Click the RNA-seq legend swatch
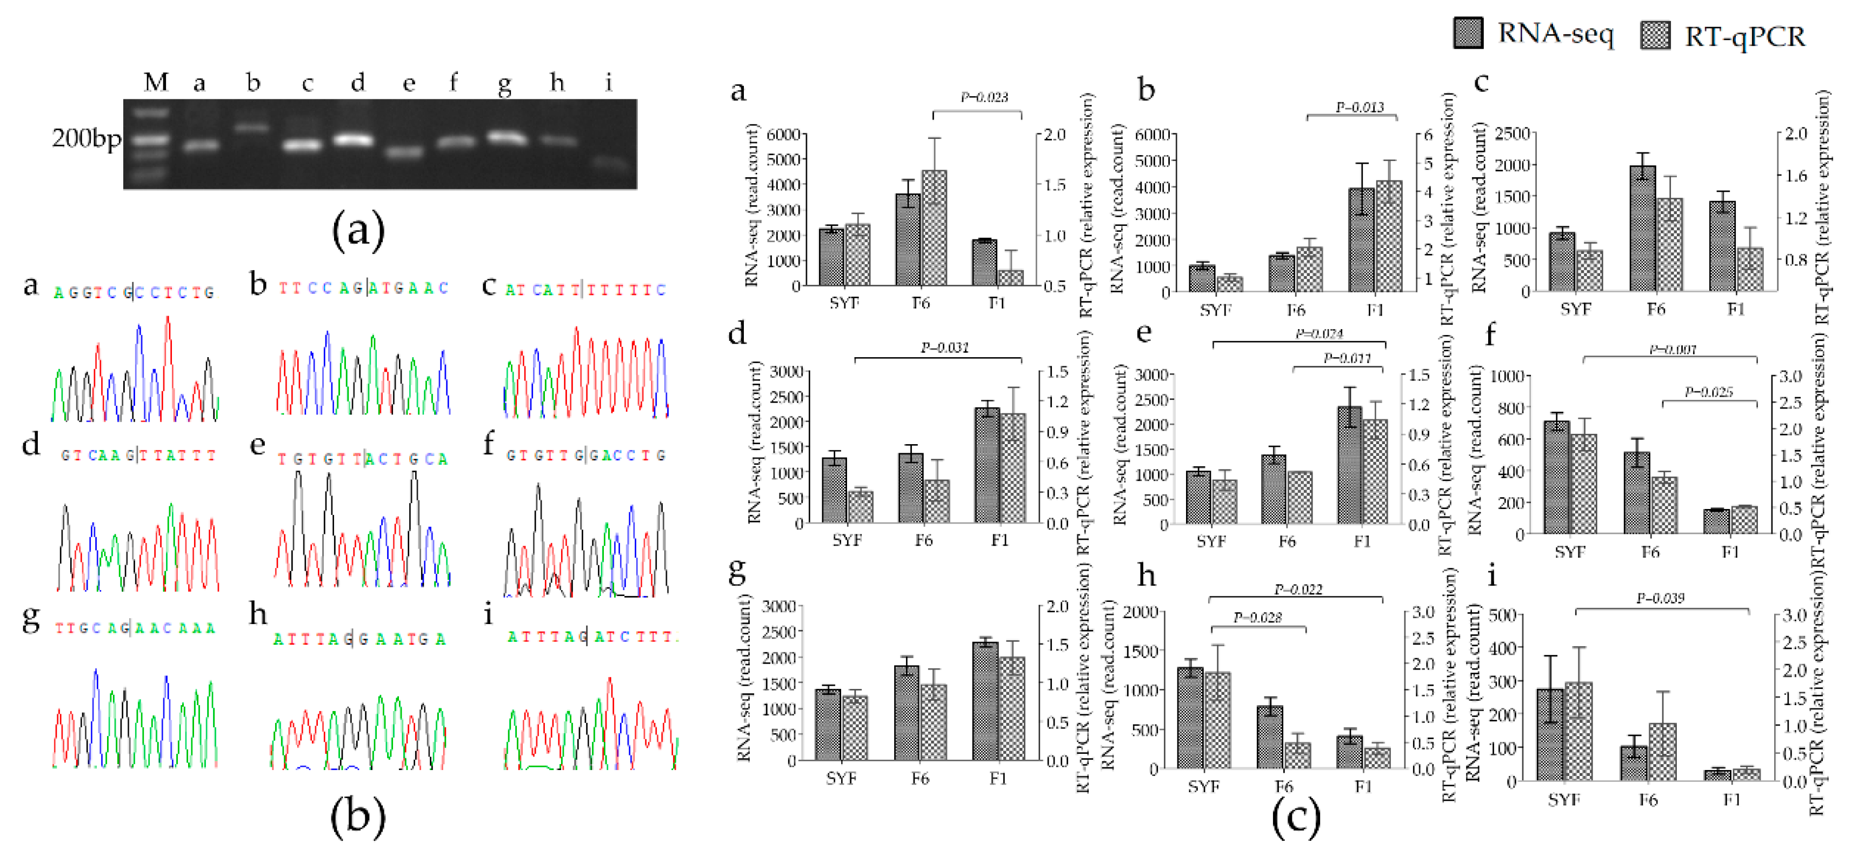pyautogui.click(x=1467, y=34)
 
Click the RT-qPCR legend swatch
pyautogui.click(x=1655, y=35)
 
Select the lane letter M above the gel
pyautogui.click(x=156, y=83)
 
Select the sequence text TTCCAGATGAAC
pyautogui.click(x=363, y=288)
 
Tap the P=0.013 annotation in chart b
pyautogui.click(x=1359, y=107)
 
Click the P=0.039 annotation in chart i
pyautogui.click(x=1660, y=598)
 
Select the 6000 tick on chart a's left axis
pyautogui.click(x=783, y=135)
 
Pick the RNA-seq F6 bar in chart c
pyautogui.click(x=1642, y=228)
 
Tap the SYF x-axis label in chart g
pyautogui.click(x=841, y=779)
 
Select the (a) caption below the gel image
pyautogui.click(x=357, y=230)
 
